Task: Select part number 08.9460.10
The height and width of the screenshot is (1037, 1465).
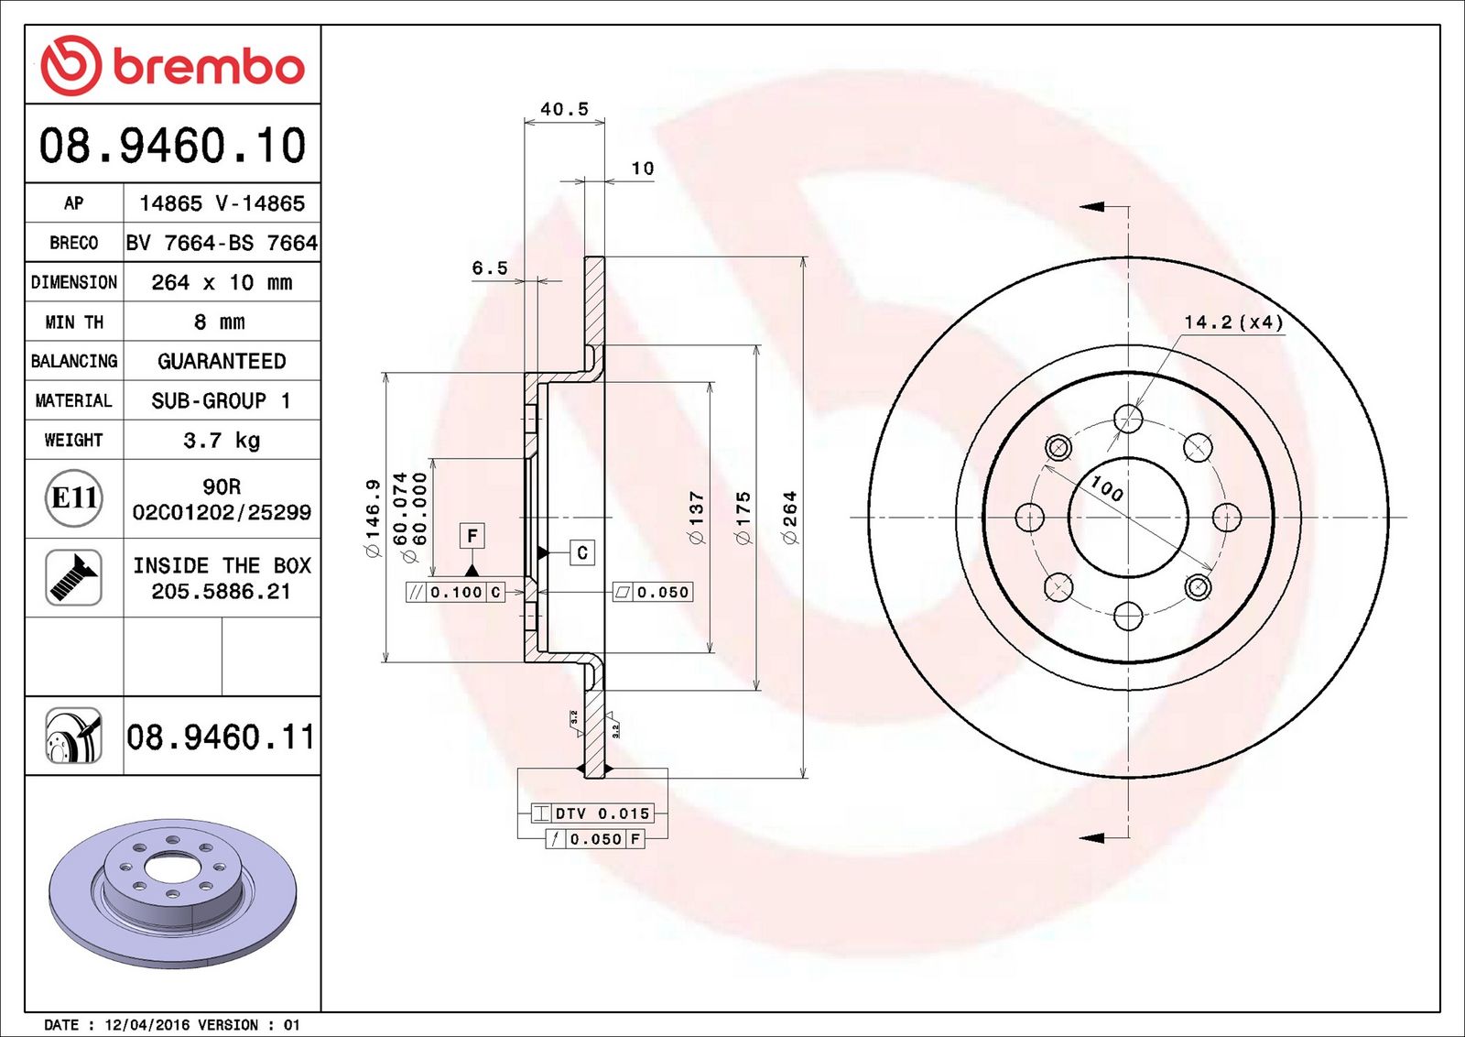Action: click(173, 145)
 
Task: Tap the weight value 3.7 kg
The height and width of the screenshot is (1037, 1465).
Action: click(222, 440)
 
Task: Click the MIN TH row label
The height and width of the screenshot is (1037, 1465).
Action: click(74, 322)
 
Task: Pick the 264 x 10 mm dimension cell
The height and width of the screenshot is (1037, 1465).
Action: click(222, 282)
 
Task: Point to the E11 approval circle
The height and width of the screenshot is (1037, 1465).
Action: click(74, 498)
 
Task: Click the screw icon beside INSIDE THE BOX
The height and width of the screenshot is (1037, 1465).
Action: click(73, 578)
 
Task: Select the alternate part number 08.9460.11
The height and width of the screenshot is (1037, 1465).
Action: click(221, 737)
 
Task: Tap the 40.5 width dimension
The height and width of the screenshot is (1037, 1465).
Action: click(564, 109)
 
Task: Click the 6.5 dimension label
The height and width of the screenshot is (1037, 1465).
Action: click(490, 267)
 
